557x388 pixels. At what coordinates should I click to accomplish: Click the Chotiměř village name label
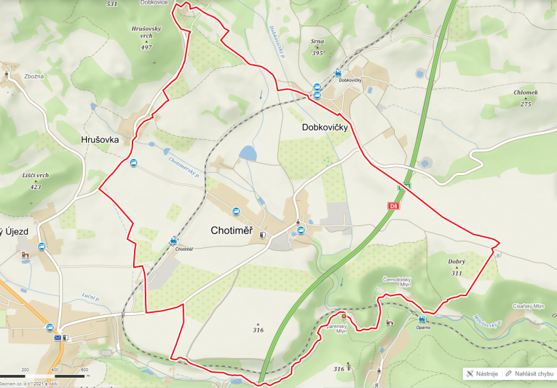(231, 230)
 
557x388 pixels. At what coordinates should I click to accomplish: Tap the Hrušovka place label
(100, 139)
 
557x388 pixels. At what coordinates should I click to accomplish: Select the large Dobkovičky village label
(325, 127)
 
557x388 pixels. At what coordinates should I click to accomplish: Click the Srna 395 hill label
(317, 47)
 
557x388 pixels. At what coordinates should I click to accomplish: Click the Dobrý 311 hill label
(457, 267)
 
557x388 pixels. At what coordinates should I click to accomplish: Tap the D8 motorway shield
(393, 206)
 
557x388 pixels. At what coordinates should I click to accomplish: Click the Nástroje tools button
(482, 373)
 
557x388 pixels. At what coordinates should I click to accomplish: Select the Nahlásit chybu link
(529, 373)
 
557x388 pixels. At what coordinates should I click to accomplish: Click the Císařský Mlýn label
(529, 306)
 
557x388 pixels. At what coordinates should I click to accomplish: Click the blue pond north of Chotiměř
(248, 153)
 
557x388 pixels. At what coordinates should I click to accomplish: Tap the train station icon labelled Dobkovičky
(338, 73)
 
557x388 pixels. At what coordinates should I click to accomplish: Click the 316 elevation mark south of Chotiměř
(258, 330)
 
